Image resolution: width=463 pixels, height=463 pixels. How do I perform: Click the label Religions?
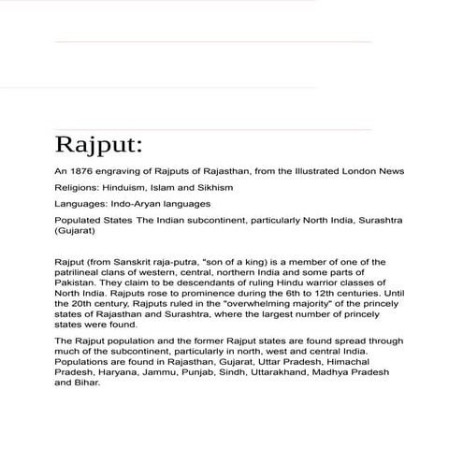coord(78,188)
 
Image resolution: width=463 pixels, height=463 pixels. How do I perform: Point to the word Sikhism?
coord(212,188)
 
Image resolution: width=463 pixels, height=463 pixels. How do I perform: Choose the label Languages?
coord(80,204)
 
